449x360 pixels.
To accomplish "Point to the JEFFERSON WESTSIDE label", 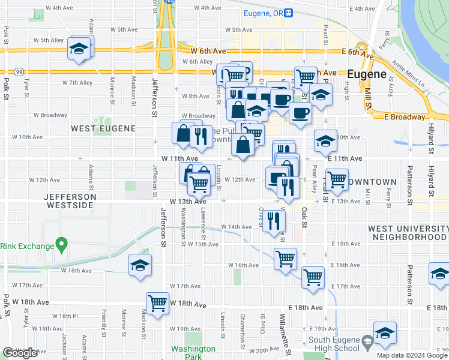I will (70, 201).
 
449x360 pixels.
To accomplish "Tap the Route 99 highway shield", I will (20, 71).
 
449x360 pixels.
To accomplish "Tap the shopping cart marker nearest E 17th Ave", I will (313, 277).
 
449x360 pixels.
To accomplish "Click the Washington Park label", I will (193, 352).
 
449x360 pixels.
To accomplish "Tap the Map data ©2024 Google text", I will (411, 355).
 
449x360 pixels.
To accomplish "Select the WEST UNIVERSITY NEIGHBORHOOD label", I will (408, 233).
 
